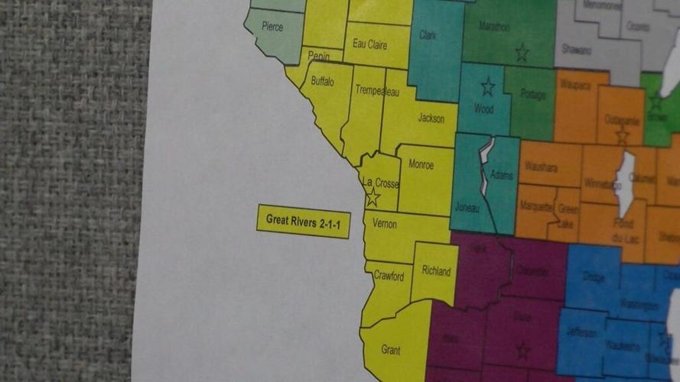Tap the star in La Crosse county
pyautogui.click(x=373, y=197)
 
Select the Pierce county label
pyautogui.click(x=272, y=27)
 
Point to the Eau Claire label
pyautogui.click(x=369, y=44)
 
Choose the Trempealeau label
pyautogui.click(x=378, y=92)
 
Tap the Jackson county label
pyautogui.click(x=431, y=118)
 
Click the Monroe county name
pyautogui.click(x=421, y=164)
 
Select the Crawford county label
pyautogui.click(x=389, y=277)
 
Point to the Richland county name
pyautogui.click(x=436, y=271)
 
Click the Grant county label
pyautogui.click(x=390, y=350)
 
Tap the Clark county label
pyautogui.click(x=428, y=35)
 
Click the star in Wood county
pyautogui.click(x=487, y=86)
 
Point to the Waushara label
pyautogui.click(x=541, y=167)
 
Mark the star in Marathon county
pyautogui.click(x=522, y=53)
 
